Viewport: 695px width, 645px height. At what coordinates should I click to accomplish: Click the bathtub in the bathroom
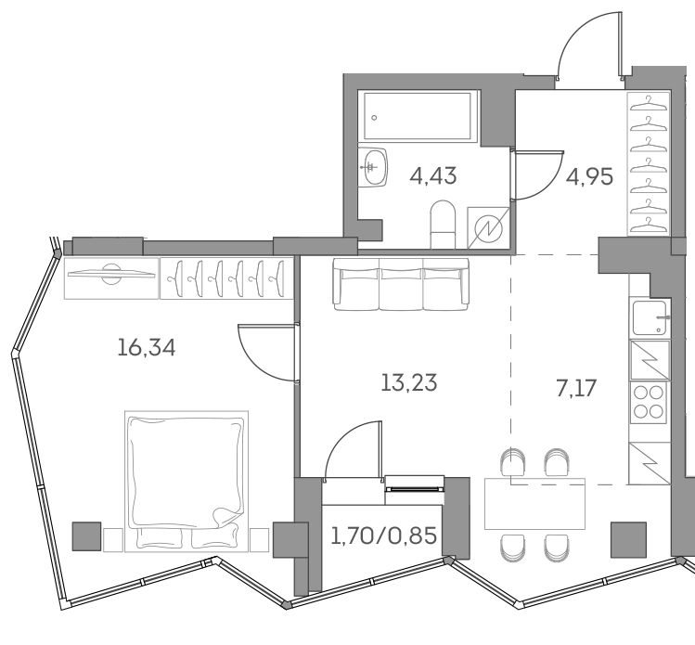pos(419,118)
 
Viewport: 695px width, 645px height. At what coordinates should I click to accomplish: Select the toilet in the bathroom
pos(443,224)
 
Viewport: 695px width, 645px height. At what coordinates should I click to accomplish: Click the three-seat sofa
pos(401,283)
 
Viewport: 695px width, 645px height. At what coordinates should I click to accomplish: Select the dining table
pos(535,502)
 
